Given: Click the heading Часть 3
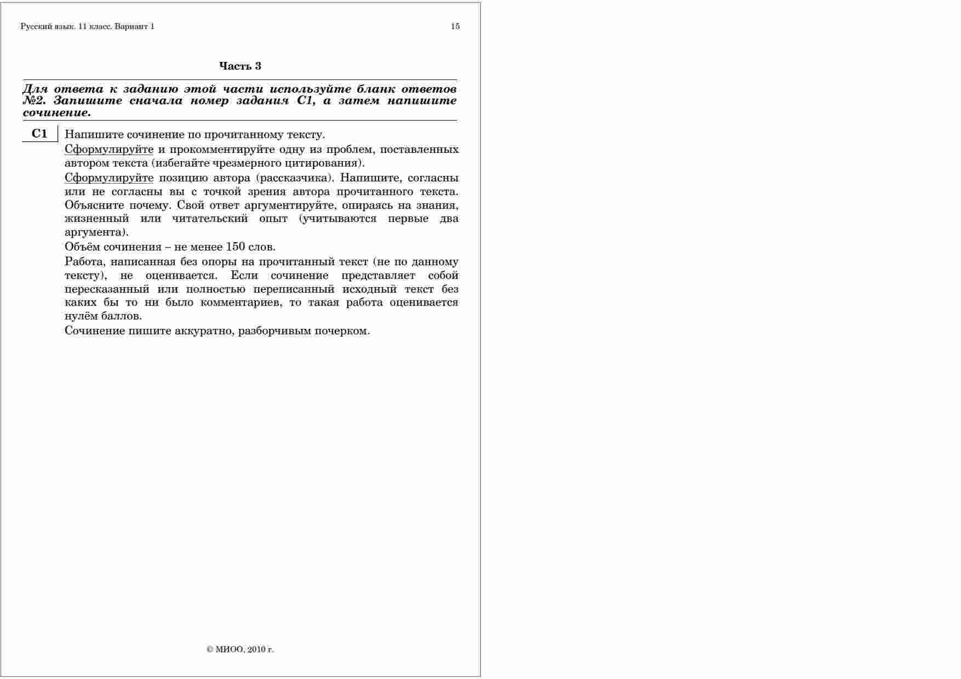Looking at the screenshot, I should (240, 66).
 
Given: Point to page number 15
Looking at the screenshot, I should (455, 26).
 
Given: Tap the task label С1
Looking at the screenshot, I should (39, 134).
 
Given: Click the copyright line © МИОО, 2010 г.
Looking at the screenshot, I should (240, 649).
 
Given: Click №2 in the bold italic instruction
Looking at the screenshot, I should (33, 101).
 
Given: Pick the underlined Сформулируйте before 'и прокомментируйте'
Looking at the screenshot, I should (108, 150).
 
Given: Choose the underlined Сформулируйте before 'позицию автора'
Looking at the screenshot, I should (108, 178).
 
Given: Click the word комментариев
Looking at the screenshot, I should (241, 303).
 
